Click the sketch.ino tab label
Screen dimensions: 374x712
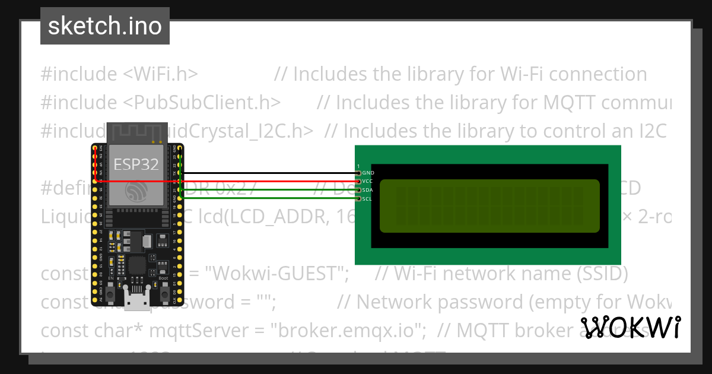(x=105, y=26)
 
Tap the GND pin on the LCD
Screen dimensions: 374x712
(x=358, y=173)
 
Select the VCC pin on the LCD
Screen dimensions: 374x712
(x=358, y=181)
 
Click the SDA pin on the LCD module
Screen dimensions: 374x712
(x=358, y=190)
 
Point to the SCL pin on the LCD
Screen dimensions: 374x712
(x=358, y=198)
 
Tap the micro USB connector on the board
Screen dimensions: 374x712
(x=138, y=303)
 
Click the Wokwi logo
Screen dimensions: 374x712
(x=631, y=327)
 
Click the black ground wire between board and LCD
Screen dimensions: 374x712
(x=267, y=173)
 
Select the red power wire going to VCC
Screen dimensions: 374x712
(x=267, y=181)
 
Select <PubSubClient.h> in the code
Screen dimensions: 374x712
(x=202, y=102)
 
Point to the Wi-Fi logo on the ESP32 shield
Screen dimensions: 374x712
(x=136, y=192)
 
